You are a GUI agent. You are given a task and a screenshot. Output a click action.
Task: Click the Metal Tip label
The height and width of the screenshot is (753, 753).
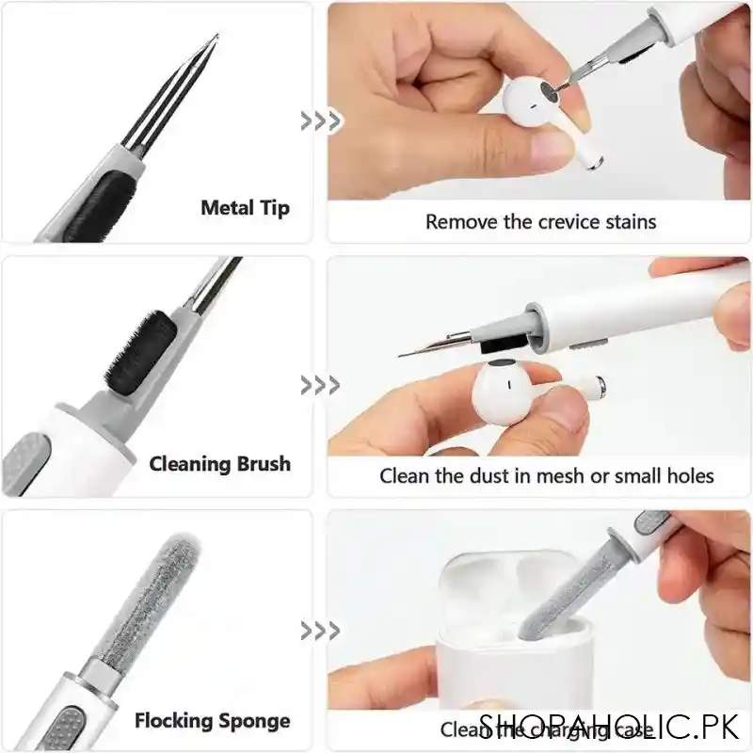(245, 208)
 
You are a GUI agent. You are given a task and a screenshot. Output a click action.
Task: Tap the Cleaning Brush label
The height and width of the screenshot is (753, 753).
(219, 464)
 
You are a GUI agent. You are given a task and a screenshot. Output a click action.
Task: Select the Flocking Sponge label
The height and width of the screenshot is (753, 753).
(212, 722)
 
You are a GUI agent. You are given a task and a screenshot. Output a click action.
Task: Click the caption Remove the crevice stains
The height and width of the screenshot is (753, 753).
(540, 222)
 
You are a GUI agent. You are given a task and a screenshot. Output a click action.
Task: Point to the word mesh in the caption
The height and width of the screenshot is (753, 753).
(561, 476)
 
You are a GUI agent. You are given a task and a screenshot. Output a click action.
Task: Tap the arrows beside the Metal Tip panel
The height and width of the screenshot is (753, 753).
(320, 120)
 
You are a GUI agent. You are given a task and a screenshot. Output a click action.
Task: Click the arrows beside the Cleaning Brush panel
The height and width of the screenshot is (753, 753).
(320, 384)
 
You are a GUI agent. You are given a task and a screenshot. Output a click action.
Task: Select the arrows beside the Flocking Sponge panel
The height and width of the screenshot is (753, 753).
(320, 630)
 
